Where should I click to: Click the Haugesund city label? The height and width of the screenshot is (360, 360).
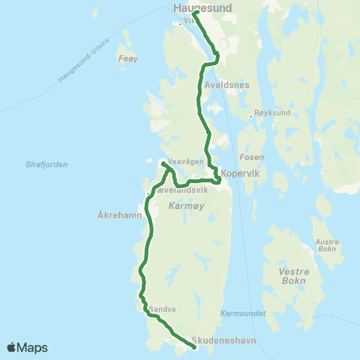tap(202, 7)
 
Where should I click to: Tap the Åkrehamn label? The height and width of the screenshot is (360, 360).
tap(118, 214)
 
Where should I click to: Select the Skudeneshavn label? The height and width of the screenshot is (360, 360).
tap(224, 340)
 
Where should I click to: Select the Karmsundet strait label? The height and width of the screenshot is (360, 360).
tap(244, 313)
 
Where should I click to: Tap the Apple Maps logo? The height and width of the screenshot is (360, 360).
tap(28, 347)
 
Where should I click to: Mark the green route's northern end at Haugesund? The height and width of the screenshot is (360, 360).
tap(195, 13)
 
